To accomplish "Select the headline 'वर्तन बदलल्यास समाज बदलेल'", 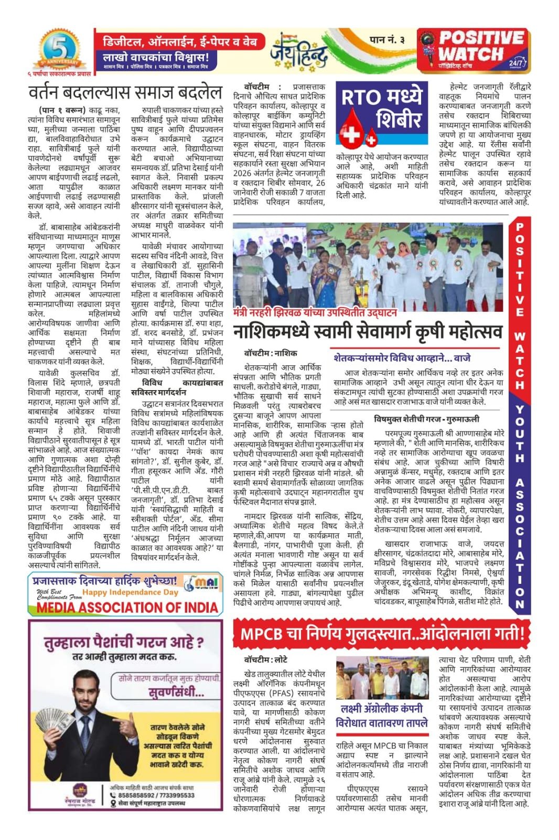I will point(126,92).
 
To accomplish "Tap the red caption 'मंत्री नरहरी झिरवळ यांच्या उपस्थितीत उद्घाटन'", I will point(315,313).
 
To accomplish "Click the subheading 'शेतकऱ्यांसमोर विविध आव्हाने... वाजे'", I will point(402,358).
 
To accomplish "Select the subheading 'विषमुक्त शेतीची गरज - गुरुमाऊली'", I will point(434,419).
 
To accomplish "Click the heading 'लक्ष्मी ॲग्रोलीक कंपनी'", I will point(382,708).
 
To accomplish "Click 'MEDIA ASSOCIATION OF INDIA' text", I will point(127,607).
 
